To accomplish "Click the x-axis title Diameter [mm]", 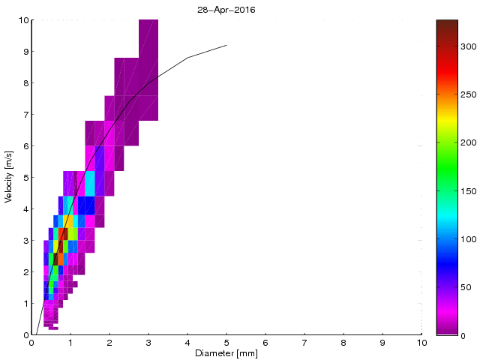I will [226, 353].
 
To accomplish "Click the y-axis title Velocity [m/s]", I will [9, 178].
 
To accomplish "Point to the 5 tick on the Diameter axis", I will [226, 343].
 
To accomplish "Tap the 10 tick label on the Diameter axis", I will [421, 343].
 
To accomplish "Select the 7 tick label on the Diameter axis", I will [304, 343].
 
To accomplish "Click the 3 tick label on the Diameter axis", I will [148, 343].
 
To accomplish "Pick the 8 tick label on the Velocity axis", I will [25, 83].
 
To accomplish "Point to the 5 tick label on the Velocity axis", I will [25, 178].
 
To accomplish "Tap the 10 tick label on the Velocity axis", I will [22, 20].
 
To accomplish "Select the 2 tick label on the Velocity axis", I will [25, 272].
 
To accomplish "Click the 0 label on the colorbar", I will [466, 336].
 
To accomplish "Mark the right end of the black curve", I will [226, 45].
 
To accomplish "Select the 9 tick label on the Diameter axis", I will [382, 343].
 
